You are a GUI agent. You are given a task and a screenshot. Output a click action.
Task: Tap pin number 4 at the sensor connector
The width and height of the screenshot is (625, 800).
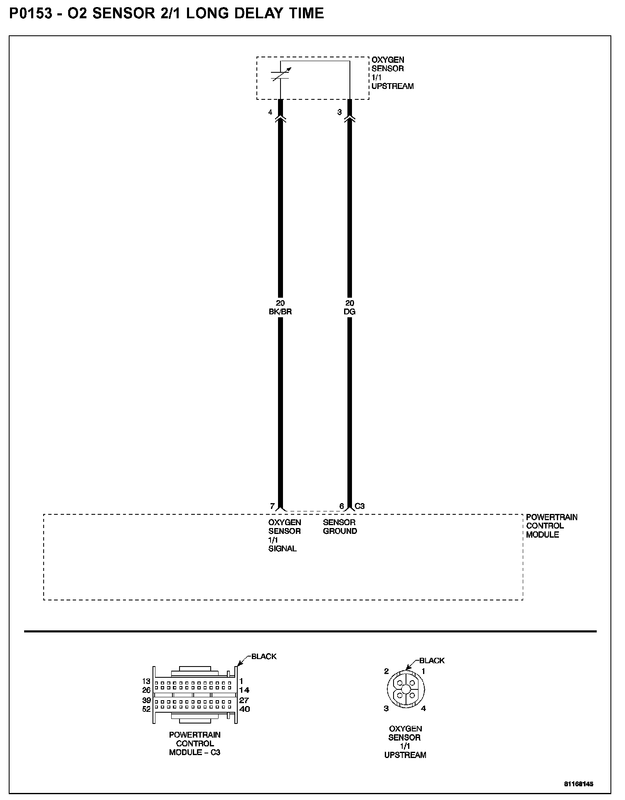[270, 112]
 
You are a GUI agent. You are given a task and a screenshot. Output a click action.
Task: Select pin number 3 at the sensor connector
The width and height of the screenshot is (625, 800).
[340, 112]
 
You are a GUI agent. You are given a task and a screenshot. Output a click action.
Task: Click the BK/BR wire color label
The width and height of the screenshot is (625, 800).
[281, 311]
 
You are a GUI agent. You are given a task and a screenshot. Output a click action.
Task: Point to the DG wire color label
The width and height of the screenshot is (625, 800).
[350, 311]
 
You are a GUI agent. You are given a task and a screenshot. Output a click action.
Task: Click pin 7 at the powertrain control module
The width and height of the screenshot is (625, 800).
[272, 506]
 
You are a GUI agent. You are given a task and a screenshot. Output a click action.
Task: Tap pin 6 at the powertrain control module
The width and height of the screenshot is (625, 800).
[342, 506]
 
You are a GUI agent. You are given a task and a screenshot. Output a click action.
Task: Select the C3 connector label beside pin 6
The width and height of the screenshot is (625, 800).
[359, 506]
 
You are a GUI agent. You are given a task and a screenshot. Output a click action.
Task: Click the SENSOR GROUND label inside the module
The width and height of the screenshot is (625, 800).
[340, 526]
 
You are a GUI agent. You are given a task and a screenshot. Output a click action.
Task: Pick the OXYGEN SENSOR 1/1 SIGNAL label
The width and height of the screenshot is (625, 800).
[284, 535]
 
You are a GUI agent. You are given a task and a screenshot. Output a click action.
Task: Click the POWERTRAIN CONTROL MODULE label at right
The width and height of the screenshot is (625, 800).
[551, 526]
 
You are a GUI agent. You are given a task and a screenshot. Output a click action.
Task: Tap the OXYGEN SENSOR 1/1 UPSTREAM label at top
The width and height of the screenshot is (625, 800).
[392, 73]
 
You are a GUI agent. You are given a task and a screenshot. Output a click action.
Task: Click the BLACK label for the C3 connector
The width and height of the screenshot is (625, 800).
[264, 657]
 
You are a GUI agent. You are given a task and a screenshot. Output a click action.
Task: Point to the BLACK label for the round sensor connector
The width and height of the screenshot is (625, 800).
[432, 660]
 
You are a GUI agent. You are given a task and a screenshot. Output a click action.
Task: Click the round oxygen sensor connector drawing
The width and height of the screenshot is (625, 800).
[405, 689]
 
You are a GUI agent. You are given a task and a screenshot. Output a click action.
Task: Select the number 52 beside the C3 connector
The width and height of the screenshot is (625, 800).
[146, 709]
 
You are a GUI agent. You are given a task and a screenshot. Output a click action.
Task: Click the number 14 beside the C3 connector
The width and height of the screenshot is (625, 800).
[244, 690]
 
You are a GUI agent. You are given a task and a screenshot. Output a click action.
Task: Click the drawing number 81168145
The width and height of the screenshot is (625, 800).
[578, 784]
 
